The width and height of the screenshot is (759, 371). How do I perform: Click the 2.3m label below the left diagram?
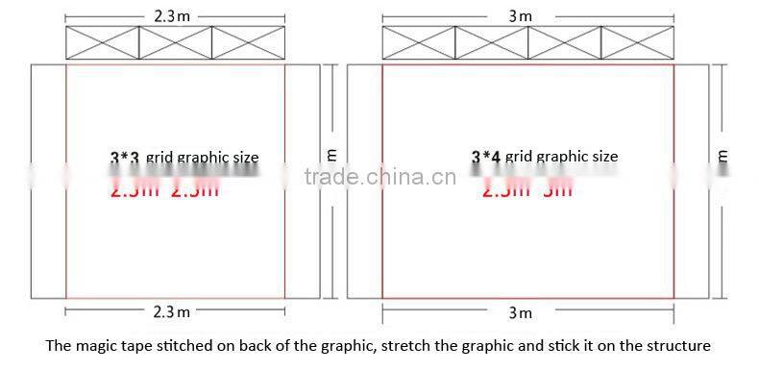[172, 311]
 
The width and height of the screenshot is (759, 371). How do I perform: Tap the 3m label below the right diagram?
[520, 312]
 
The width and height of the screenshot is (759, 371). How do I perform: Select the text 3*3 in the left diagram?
[125, 158]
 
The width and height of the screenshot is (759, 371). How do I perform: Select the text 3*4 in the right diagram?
[487, 157]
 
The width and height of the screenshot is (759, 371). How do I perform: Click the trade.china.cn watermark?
[379, 178]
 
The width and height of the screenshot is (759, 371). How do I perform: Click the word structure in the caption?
[678, 346]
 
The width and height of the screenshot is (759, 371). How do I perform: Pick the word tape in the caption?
[140, 346]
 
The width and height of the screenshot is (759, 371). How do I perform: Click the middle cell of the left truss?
[175, 44]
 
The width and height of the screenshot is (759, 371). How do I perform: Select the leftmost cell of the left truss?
[103, 44]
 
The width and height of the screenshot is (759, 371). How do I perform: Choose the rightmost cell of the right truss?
[636, 44]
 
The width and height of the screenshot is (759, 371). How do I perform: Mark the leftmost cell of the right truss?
[418, 44]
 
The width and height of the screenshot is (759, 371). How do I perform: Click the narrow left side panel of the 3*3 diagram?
[48, 183]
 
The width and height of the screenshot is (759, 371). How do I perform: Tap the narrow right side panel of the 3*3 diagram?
[302, 183]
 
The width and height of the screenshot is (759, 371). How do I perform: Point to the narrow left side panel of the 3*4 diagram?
[364, 183]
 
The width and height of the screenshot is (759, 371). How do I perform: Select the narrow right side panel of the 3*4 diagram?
[691, 183]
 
